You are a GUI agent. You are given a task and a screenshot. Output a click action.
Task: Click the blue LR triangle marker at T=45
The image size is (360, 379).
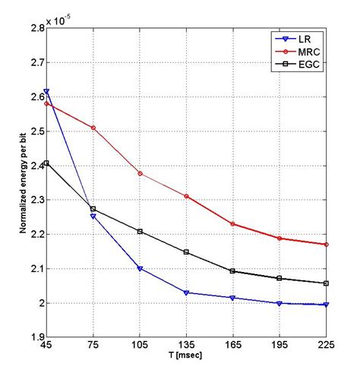[x=47, y=92]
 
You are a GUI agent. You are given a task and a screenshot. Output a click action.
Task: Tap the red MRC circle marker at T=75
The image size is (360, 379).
[x=93, y=128]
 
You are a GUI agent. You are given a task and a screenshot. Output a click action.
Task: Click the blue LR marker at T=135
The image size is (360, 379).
[x=187, y=292]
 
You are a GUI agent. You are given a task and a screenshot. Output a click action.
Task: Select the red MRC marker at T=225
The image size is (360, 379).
[x=326, y=245]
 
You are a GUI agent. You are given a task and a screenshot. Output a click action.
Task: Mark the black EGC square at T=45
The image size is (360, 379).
[x=47, y=163]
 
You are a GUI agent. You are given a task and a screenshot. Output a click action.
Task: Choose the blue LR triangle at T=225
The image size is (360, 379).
[x=326, y=305]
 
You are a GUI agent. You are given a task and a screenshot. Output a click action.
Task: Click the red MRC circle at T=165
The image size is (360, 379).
[x=233, y=223]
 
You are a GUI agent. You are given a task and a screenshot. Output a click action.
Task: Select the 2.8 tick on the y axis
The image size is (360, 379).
[x=35, y=28]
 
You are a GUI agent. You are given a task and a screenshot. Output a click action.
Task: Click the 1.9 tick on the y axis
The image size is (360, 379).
[x=35, y=337]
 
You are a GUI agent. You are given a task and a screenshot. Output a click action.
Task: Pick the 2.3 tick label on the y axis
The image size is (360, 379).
[x=35, y=200]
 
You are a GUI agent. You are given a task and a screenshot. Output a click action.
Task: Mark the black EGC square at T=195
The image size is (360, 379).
[x=279, y=279]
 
